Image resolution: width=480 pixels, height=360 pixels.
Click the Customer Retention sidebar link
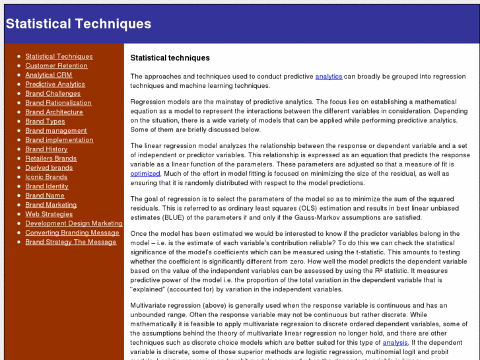tap(56, 66)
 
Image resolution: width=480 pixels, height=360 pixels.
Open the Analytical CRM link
tap(49, 75)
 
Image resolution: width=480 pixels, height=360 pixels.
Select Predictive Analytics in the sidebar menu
tap(55, 85)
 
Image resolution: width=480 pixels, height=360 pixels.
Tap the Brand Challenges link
tap(53, 94)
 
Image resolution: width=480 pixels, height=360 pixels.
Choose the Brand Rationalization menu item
tap(58, 103)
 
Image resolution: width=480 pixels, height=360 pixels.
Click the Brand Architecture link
tap(54, 112)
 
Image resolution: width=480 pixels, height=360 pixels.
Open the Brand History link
tap(46, 149)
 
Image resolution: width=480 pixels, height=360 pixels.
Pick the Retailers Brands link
tap(51, 159)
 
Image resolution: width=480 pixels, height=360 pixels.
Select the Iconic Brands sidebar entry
tap(46, 177)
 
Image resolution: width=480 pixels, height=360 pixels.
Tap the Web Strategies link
tap(49, 214)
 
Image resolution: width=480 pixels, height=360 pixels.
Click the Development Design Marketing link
tap(74, 223)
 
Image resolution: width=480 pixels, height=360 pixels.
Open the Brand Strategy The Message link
tap(71, 242)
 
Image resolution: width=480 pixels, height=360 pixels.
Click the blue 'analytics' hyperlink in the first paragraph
tap(328, 77)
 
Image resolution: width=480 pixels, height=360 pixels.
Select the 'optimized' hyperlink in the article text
tap(145, 174)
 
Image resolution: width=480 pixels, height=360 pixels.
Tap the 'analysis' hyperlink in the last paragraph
tap(395, 343)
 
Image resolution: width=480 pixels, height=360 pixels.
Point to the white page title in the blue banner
tap(79, 24)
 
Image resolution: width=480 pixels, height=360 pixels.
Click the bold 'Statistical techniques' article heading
tap(170, 58)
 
